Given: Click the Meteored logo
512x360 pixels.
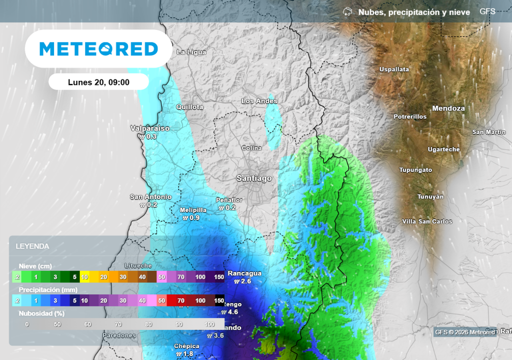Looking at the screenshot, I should point(98,49).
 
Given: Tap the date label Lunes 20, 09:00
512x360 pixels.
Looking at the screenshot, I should point(98,82).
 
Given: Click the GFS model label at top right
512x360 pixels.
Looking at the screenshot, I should point(487,11).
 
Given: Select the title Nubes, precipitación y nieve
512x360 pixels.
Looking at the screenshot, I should point(414,12).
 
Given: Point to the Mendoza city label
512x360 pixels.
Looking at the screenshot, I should point(448,108).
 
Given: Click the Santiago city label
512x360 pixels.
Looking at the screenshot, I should point(254,178).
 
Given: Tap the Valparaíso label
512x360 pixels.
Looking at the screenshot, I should point(150,128).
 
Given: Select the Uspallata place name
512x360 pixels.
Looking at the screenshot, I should point(394,69).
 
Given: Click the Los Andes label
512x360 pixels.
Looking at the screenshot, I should point(259,101).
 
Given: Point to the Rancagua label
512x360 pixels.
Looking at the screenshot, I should point(244,273).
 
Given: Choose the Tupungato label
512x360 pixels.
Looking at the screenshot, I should point(415,170).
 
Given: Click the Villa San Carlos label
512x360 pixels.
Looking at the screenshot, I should point(427,221).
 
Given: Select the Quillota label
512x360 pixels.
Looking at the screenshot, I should point(189,107).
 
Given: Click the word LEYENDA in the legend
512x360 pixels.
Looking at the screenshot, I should point(32,246).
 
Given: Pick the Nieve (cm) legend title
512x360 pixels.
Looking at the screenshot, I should point(35,266).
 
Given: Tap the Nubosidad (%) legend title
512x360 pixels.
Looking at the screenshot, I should point(41,314).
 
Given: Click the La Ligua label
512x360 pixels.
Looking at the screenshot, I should point(191,52).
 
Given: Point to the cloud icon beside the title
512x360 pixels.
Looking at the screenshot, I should point(347,11).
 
